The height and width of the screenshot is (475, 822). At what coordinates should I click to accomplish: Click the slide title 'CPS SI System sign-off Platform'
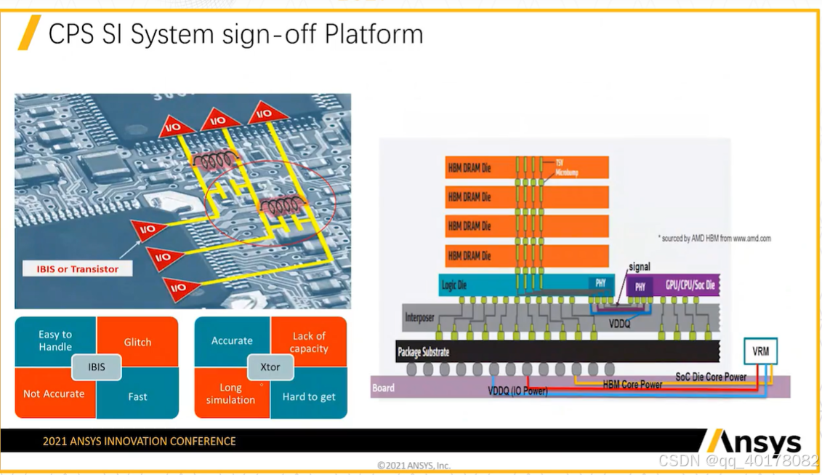pyautogui.click(x=235, y=34)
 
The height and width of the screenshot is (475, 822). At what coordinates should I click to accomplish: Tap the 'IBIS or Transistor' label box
pyautogui.click(x=78, y=269)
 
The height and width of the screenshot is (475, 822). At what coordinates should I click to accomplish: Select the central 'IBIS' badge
pyautogui.click(x=97, y=367)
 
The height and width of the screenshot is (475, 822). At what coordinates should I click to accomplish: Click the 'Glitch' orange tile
pyautogui.click(x=137, y=342)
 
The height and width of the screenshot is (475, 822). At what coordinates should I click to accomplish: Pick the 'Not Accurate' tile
pyautogui.click(x=54, y=394)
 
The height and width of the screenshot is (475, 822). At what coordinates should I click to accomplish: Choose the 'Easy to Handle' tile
pyautogui.click(x=55, y=340)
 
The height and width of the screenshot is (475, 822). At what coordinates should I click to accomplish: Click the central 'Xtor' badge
pyautogui.click(x=270, y=367)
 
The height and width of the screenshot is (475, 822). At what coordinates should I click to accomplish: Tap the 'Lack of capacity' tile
pyautogui.click(x=309, y=342)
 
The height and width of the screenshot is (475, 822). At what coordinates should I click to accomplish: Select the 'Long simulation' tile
pyautogui.click(x=230, y=394)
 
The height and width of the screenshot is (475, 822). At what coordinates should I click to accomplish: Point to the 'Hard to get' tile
pyautogui.click(x=309, y=396)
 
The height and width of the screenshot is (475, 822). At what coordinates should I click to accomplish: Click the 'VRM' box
pyautogui.click(x=760, y=351)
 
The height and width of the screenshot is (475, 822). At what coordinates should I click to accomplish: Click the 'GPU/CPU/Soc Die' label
pyautogui.click(x=690, y=286)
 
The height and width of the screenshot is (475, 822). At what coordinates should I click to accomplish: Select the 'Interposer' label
pyautogui.click(x=420, y=318)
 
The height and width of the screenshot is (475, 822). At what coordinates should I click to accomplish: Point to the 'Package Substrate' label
pyautogui.click(x=423, y=352)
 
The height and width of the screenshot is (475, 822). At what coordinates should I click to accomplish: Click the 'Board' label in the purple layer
pyautogui.click(x=383, y=388)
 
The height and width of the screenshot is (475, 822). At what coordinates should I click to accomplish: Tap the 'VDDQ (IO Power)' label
pyautogui.click(x=517, y=391)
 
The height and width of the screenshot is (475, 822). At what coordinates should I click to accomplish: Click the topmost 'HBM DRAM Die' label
pyautogui.click(x=469, y=168)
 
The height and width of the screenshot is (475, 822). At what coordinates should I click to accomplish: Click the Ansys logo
pyautogui.click(x=753, y=442)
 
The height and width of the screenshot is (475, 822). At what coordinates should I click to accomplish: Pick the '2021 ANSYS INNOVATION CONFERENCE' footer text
pyautogui.click(x=139, y=441)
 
